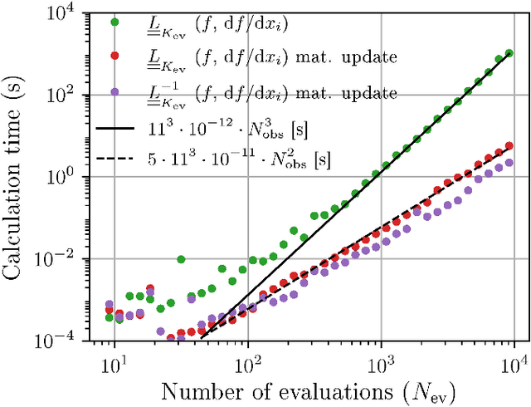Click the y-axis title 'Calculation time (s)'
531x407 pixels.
(18, 175)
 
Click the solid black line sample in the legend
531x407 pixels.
(116, 129)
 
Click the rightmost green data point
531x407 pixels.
(509, 53)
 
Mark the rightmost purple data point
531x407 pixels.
(509, 164)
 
